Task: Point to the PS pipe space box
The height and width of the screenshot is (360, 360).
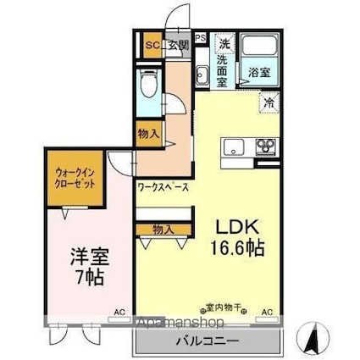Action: pos(201,38)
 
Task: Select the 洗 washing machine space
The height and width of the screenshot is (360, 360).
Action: pos(224,43)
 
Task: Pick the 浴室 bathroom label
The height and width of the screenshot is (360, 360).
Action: pos(258,74)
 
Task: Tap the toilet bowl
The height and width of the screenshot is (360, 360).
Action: pos(150,85)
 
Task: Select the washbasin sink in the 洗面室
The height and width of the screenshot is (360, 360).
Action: pos(203,75)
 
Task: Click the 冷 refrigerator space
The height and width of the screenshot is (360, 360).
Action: pos(269,103)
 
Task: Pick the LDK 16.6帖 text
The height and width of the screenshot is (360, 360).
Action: pos(234,239)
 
